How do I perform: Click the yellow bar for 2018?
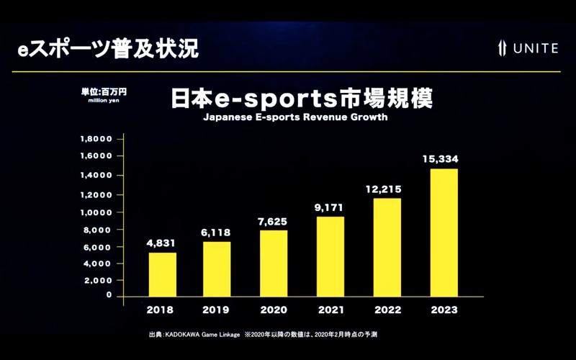point(163,274)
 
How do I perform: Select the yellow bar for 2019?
point(217,269)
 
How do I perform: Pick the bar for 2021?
point(330,256)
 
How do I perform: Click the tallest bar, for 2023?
point(444,233)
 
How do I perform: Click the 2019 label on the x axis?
point(217,310)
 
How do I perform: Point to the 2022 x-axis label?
point(387,310)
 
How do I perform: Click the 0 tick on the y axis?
point(109,294)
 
